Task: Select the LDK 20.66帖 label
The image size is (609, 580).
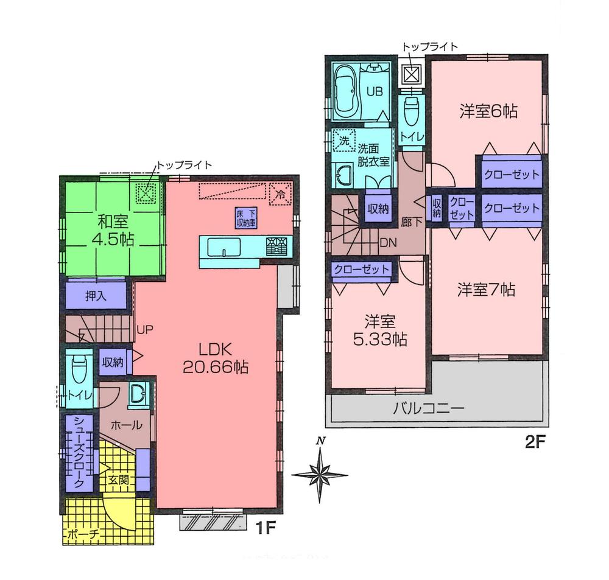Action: click(x=215, y=358)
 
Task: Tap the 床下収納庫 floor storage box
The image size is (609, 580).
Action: click(x=246, y=217)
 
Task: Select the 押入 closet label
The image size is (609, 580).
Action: click(x=95, y=296)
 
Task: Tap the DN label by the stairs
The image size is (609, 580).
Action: click(x=388, y=242)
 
